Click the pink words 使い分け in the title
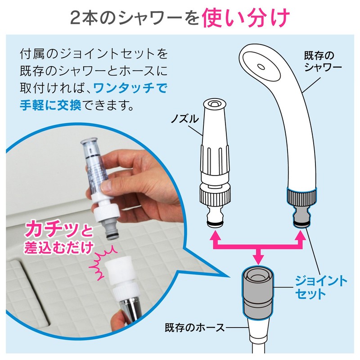[x=245, y=18]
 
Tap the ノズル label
[x=184, y=119]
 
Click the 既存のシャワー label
[x=323, y=61]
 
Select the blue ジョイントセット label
[x=321, y=288]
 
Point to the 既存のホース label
[x=195, y=328]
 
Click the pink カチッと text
[x=59, y=229]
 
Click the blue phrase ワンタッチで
[x=130, y=88]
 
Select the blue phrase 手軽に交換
[x=50, y=105]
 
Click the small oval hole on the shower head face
[x=261, y=67]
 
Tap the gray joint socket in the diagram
[x=257, y=292]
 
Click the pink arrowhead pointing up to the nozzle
[x=215, y=235]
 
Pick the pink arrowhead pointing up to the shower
[x=301, y=235]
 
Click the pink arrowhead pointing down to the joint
[x=258, y=259]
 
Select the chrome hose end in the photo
[x=129, y=310]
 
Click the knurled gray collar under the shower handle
[x=301, y=197]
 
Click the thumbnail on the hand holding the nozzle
[x=106, y=185]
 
